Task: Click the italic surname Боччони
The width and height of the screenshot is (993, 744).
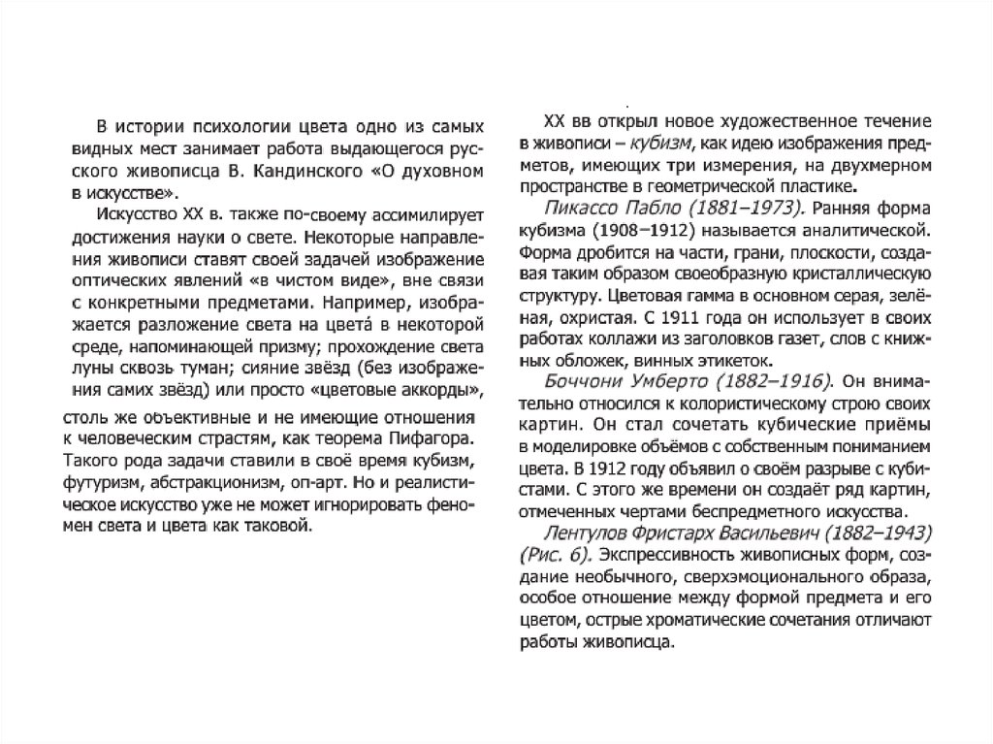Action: tap(579, 379)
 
